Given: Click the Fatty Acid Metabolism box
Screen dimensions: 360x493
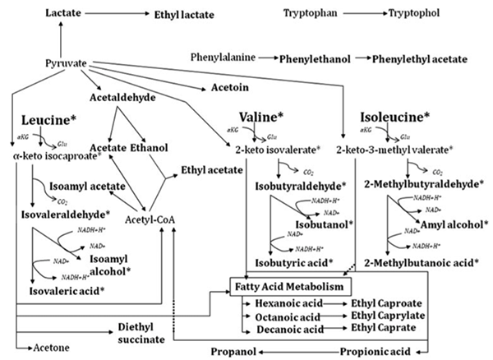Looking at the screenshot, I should point(291,286).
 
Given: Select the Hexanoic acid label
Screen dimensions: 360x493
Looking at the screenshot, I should point(276,302).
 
